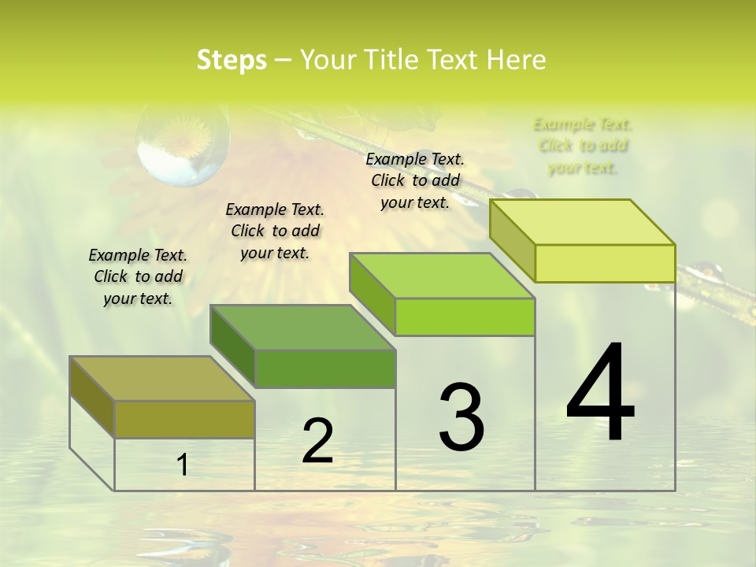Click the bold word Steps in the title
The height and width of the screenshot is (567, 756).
[x=232, y=60]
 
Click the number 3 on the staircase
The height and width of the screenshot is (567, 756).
[x=461, y=417]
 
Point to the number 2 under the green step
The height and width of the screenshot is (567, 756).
[x=317, y=441]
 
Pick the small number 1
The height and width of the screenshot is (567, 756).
[x=183, y=465]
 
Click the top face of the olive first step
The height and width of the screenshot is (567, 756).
[x=162, y=378]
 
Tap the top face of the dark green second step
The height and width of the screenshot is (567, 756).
[x=302, y=327]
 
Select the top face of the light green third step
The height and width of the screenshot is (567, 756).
[x=442, y=276]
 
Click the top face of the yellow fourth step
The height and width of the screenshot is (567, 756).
[x=582, y=222]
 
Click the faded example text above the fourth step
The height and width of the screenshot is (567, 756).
[x=583, y=146]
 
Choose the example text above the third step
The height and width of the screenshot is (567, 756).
[x=415, y=180]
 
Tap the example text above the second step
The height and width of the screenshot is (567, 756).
[x=275, y=231]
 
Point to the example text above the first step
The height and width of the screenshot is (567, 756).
[x=138, y=276]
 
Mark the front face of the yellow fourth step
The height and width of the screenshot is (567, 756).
[x=605, y=263]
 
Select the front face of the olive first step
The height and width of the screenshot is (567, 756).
[x=184, y=419]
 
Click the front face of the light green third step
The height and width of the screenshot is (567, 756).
[x=465, y=317]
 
